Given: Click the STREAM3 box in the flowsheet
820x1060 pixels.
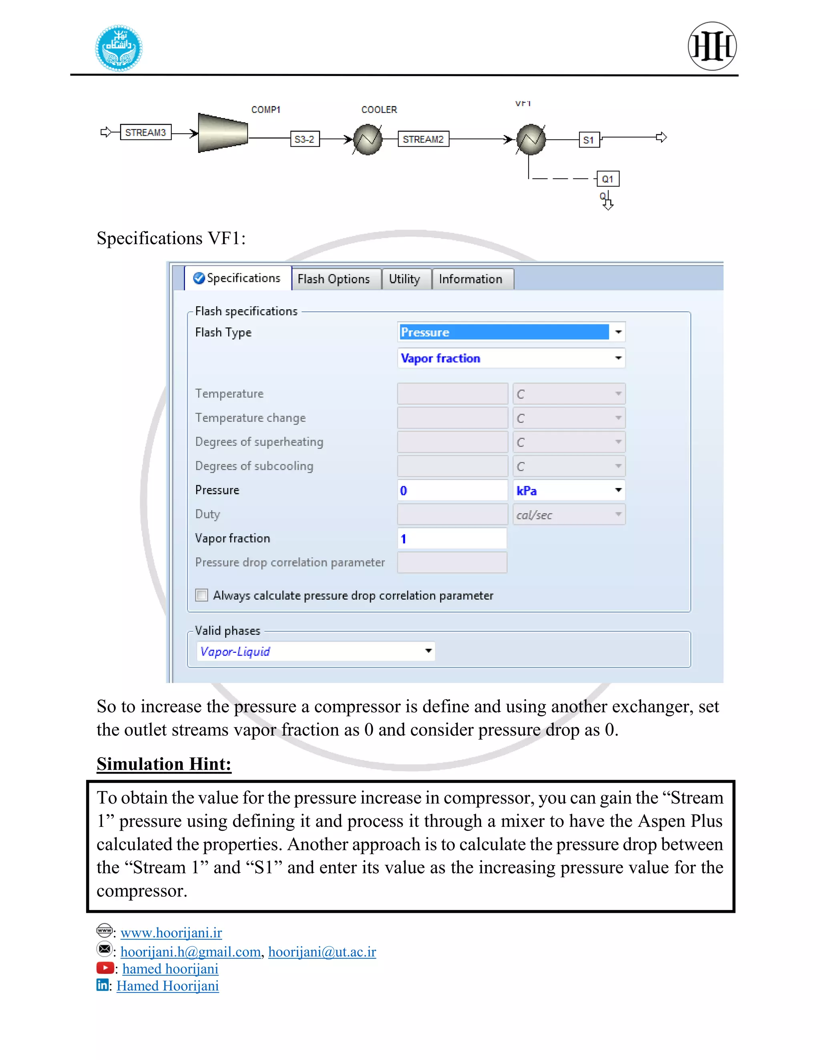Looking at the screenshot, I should coord(145,132).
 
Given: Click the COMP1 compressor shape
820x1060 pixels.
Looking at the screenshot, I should coord(223,132).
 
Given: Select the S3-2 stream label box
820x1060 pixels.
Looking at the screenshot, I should coord(305,139).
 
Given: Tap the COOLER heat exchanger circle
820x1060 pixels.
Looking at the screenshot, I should coord(368,139).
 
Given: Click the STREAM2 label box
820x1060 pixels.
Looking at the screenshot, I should coord(423,139).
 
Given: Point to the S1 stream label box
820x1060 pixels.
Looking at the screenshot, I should coord(589,140).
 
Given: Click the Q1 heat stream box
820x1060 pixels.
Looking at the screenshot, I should coord(608,179).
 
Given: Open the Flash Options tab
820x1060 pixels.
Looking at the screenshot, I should coord(334,279).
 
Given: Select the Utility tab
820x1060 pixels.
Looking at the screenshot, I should coord(404,279).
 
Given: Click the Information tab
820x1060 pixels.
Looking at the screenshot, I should coord(470,279).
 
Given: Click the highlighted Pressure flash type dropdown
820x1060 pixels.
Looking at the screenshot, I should coord(510,332).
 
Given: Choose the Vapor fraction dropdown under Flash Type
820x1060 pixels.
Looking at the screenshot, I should coord(510,358).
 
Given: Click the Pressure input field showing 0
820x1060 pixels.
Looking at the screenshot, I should coord(452,490).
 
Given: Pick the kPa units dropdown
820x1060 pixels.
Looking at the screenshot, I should coord(569,490).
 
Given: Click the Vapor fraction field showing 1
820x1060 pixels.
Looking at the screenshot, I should coord(452,538).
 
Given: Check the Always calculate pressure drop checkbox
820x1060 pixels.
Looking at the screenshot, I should coord(202,595).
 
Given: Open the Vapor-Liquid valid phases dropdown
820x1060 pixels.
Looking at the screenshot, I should coord(316,651).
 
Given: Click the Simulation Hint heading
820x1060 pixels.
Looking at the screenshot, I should coord(164,764).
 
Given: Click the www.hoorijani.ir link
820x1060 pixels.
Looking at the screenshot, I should coord(171,932).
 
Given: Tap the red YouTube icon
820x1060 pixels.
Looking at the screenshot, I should coord(105,968).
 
